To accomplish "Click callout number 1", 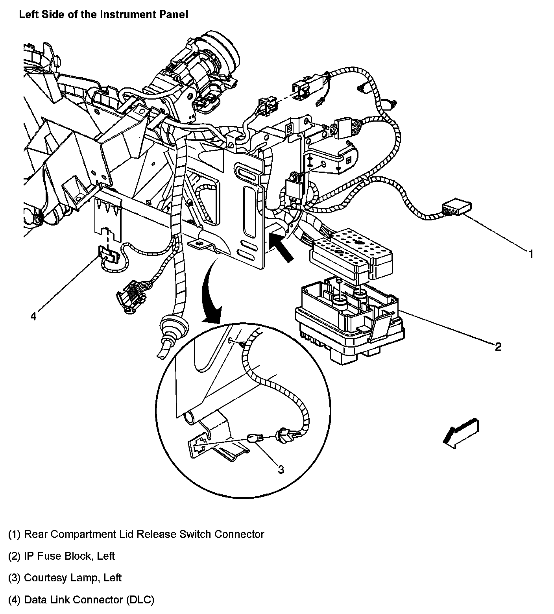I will (x=531, y=255).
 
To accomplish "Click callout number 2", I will (x=498, y=347).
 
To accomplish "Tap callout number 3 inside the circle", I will (x=281, y=469).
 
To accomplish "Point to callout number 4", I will (x=33, y=316).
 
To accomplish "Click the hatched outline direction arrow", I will (x=460, y=434).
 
